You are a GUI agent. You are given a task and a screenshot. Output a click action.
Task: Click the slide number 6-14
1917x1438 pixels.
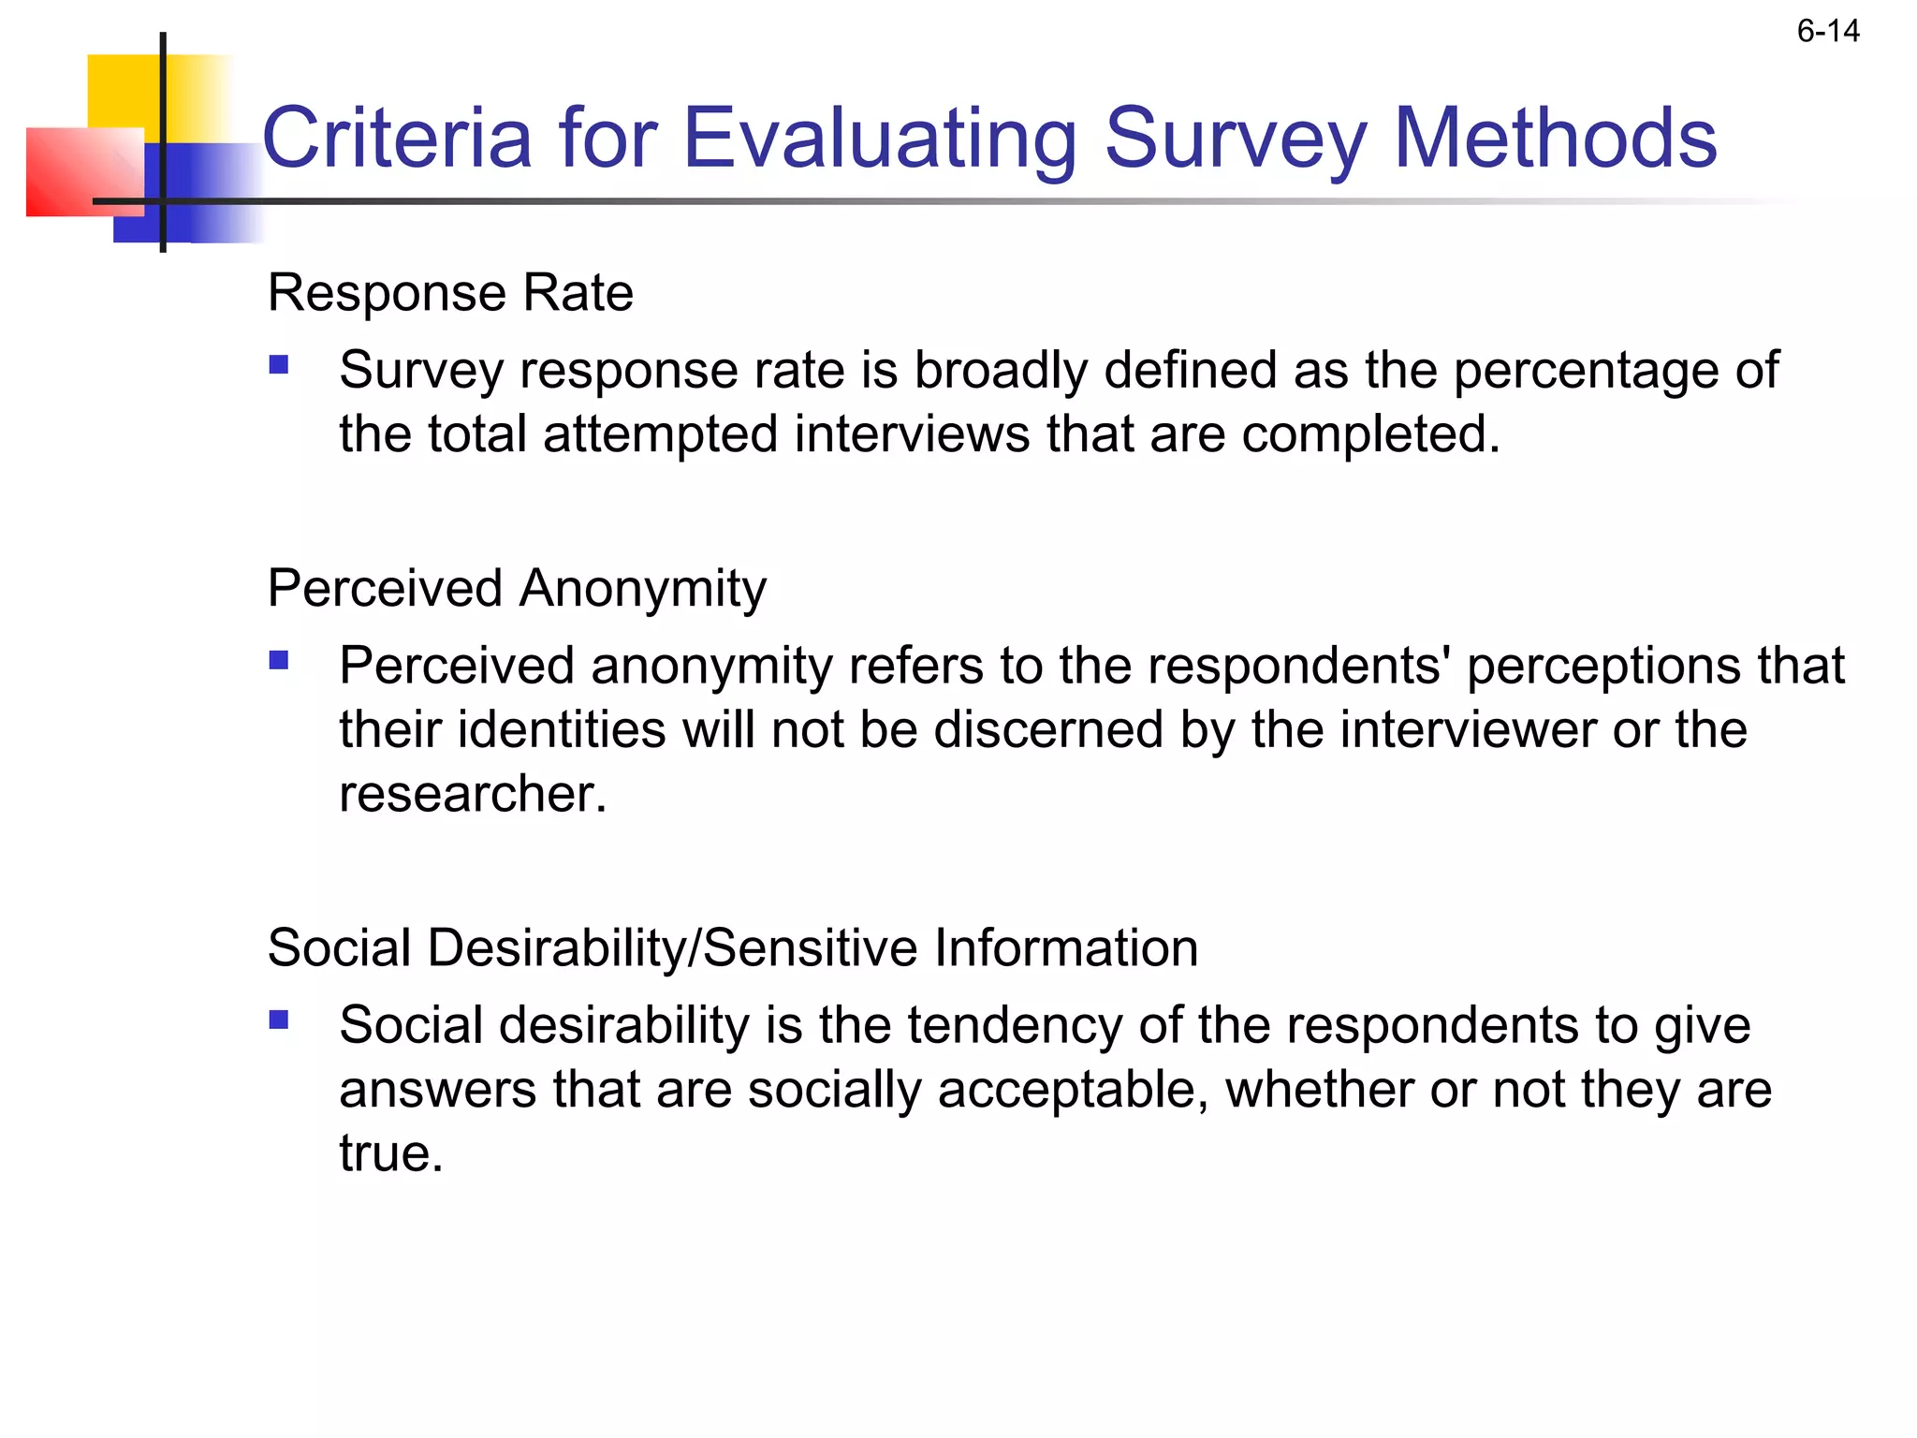point(1827,32)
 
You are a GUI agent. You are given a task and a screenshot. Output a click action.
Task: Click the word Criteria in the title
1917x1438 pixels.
point(397,139)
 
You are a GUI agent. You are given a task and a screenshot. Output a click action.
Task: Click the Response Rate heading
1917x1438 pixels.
point(450,293)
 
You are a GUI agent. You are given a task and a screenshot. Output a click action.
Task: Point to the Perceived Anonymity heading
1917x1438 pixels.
point(517,589)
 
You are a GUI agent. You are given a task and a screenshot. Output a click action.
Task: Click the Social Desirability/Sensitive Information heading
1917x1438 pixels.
point(732,947)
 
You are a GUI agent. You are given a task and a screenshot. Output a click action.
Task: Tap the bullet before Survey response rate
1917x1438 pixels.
point(279,364)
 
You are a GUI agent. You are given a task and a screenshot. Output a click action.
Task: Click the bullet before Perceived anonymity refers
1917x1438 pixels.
point(279,661)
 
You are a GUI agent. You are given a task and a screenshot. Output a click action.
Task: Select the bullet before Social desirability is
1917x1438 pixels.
point(279,1020)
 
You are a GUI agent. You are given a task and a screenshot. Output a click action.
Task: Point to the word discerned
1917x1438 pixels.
point(1048,730)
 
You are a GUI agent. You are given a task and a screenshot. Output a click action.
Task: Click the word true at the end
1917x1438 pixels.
point(390,1153)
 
